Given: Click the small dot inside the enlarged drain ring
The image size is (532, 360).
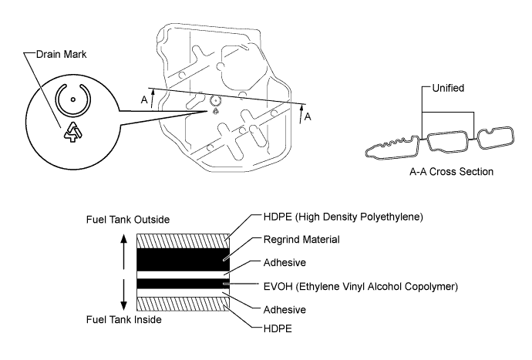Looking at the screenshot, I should (73, 99).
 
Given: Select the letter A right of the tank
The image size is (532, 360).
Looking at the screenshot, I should (308, 116).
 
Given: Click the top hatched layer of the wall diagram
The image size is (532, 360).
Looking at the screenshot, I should (182, 239).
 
